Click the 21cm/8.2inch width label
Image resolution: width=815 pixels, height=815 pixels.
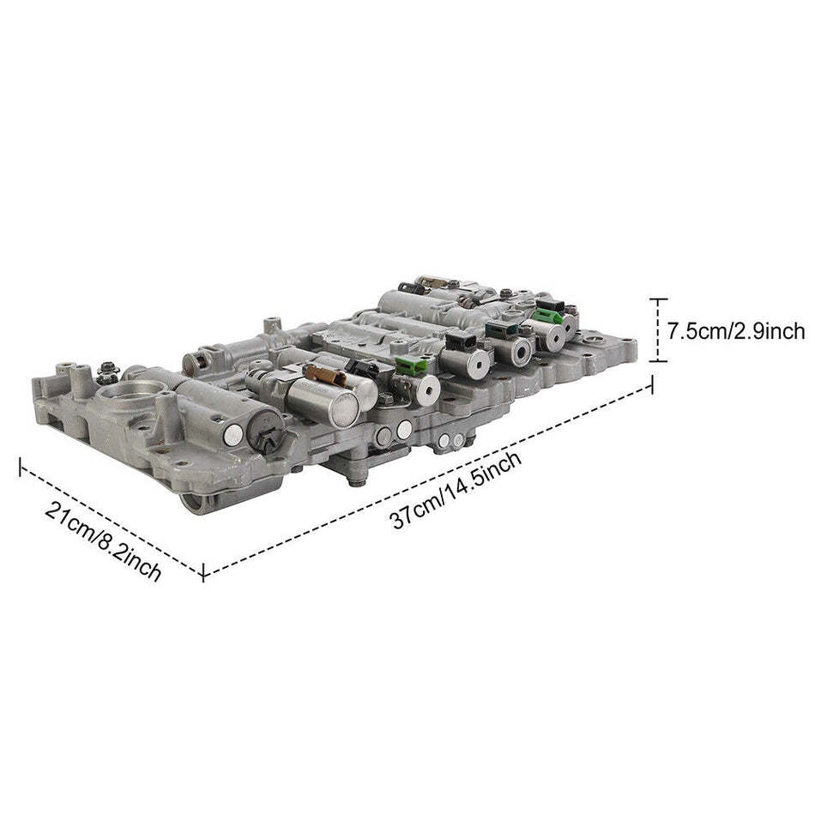point(103,542)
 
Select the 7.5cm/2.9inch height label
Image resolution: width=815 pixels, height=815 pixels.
point(736,331)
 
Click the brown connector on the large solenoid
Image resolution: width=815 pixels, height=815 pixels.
point(324,376)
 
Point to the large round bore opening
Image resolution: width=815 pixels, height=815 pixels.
point(129,399)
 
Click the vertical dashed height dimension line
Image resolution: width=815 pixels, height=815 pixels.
point(657,330)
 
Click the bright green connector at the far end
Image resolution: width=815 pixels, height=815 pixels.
point(546,317)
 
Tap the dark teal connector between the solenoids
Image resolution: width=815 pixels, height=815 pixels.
point(500,330)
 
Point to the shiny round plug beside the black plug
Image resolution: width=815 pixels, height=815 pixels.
point(232,436)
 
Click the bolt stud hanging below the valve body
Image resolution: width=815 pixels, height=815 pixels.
point(353,481)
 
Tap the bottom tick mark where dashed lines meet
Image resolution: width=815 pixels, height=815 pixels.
point(203,572)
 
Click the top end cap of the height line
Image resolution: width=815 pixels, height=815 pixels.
point(657,299)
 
